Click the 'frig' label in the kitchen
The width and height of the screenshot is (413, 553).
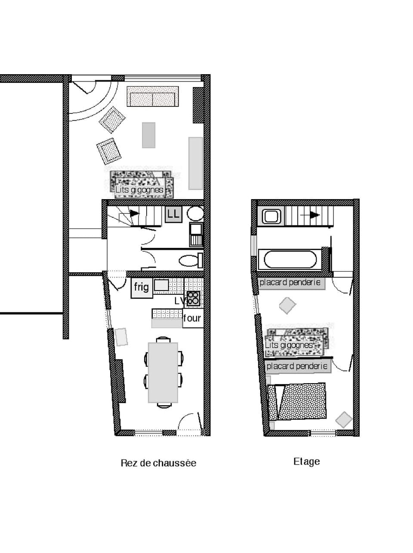(x=141, y=287)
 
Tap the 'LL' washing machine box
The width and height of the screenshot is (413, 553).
(x=173, y=214)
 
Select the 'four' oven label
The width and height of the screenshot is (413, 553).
(x=192, y=319)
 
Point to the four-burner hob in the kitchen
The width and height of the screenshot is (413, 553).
(x=193, y=298)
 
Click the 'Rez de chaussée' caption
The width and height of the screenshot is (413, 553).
(x=158, y=463)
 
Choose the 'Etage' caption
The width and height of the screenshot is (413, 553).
(x=306, y=462)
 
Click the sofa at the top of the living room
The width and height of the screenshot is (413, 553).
(x=153, y=97)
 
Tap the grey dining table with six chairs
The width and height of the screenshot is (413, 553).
(x=163, y=372)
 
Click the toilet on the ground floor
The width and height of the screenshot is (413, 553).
(x=189, y=260)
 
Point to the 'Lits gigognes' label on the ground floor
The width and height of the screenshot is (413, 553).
(x=139, y=190)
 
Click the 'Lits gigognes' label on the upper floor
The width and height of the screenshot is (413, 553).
(x=289, y=345)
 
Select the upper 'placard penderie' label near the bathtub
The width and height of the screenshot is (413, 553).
(x=290, y=283)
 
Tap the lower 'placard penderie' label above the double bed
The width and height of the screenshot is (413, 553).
(x=297, y=366)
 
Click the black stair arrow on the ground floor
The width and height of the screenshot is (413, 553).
(x=135, y=213)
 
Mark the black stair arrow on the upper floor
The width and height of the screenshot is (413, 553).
(x=315, y=215)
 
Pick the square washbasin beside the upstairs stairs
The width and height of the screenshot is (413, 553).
(x=271, y=216)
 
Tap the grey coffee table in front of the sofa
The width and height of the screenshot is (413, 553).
(x=148, y=135)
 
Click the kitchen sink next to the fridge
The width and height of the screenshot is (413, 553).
(x=162, y=285)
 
